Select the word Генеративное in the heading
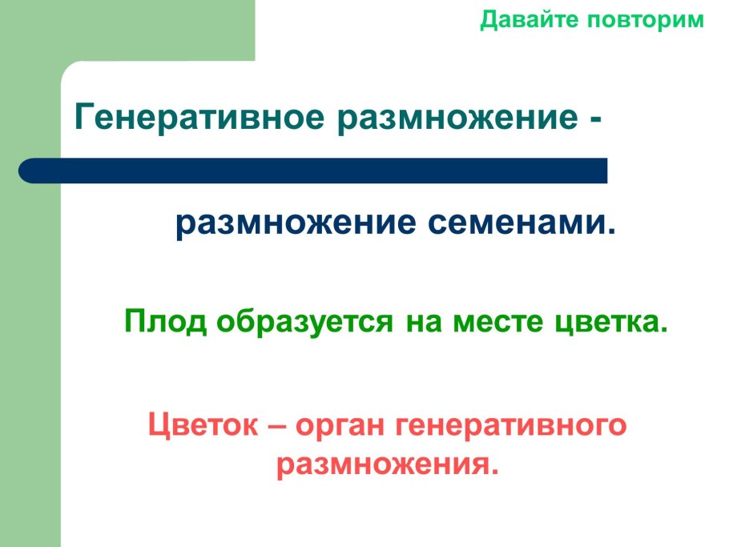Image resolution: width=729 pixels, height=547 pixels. (200, 118)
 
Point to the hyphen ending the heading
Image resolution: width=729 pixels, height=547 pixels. (594, 120)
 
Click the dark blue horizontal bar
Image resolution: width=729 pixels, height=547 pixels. (320, 171)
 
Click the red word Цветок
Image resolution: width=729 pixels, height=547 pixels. (203, 425)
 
